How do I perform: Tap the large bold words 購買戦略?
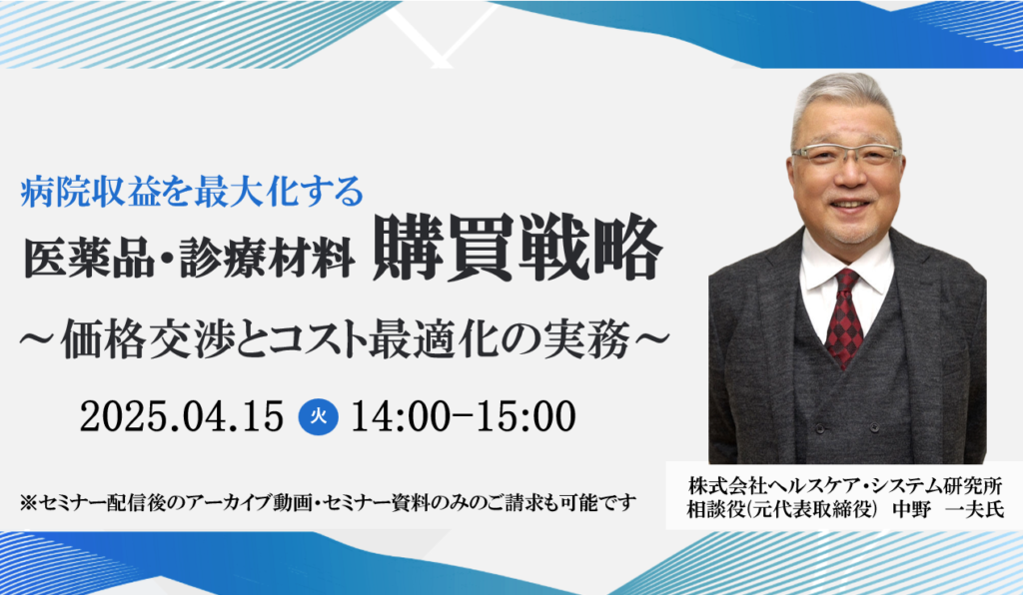[516, 250]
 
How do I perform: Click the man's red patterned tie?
[844, 317]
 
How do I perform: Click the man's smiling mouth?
[851, 204]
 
